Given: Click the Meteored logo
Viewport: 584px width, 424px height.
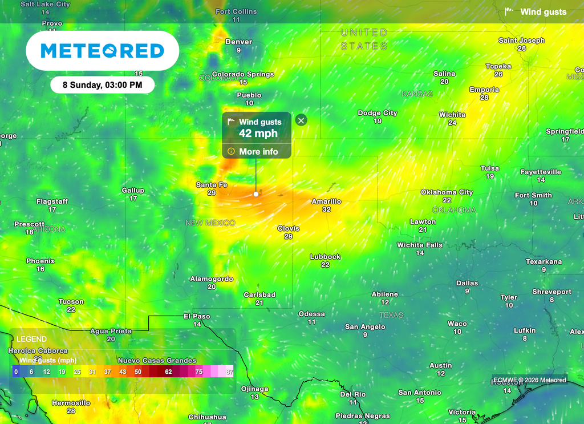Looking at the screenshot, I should (103, 51).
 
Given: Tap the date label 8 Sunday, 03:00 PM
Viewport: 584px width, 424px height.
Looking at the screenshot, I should (102, 85).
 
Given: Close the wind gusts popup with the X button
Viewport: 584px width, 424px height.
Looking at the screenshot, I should (301, 120).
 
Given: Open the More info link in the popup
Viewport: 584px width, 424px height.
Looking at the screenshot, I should (258, 151).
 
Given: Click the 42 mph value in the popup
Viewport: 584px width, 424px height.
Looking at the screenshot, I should (258, 134).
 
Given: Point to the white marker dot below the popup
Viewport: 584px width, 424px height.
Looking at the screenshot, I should (256, 194).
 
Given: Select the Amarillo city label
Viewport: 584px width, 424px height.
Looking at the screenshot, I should (326, 201).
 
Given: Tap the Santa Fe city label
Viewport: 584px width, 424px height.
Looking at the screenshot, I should (212, 185).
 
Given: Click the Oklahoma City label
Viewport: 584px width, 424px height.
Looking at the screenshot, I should (447, 192).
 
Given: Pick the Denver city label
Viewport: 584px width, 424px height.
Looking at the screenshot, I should (238, 42).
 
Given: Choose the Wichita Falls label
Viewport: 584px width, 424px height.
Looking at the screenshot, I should (420, 245).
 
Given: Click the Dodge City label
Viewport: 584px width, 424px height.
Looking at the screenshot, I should (378, 113).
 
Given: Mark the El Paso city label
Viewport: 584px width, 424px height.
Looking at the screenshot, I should (197, 316).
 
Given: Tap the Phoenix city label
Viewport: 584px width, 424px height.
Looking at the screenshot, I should (40, 261).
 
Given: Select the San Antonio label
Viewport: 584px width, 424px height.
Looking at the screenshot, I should (420, 393).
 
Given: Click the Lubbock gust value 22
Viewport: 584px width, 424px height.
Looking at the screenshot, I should (325, 265).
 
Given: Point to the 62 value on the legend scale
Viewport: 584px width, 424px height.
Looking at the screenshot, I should (168, 371).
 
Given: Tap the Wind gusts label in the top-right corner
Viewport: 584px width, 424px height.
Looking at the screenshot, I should (543, 12).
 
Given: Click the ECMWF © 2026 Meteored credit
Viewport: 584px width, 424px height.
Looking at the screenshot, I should (529, 380).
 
